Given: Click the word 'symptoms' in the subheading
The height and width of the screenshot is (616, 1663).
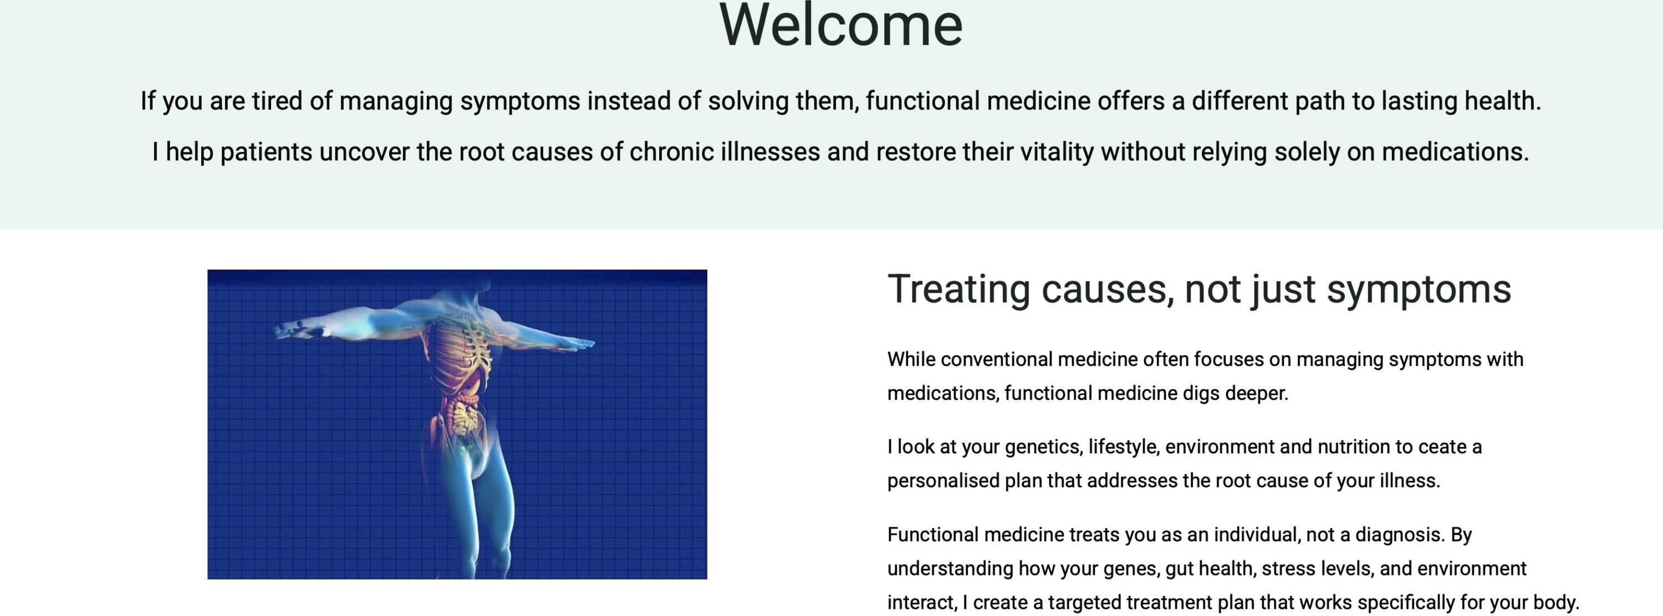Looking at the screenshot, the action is pyautogui.click(x=1419, y=289).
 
